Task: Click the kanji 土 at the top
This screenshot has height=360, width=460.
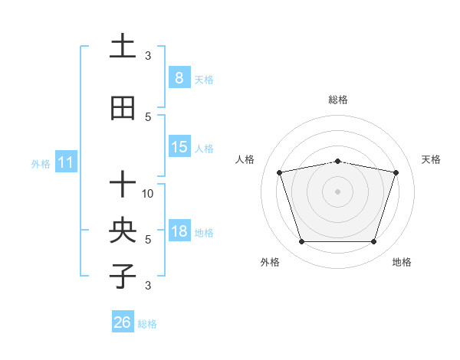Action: (x=123, y=46)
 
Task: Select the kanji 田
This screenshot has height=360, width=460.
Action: (x=123, y=109)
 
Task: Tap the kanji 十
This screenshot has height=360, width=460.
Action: (x=123, y=185)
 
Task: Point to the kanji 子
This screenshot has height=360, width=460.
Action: (x=123, y=277)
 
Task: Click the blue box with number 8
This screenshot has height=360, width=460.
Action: (x=179, y=77)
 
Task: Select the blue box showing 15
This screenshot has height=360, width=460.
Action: (x=179, y=147)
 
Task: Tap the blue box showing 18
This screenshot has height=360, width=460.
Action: (x=179, y=231)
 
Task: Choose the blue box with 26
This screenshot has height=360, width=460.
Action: (x=123, y=322)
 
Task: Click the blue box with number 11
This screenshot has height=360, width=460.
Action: (x=66, y=162)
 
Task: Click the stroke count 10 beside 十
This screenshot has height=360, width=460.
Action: (x=149, y=194)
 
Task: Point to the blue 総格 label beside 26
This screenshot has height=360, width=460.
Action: (x=147, y=324)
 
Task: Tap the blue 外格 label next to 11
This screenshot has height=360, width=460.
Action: (x=41, y=163)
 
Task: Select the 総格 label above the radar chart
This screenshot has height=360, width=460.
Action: (x=337, y=100)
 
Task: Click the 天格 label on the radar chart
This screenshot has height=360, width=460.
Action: (x=432, y=159)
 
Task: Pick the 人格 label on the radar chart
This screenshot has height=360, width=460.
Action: (x=245, y=159)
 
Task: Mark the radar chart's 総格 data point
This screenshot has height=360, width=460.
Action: (x=337, y=162)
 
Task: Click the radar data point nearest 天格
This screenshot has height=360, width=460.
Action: (x=396, y=172)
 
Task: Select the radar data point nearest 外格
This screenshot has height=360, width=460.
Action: (x=301, y=242)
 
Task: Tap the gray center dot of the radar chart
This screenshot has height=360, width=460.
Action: (x=337, y=191)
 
